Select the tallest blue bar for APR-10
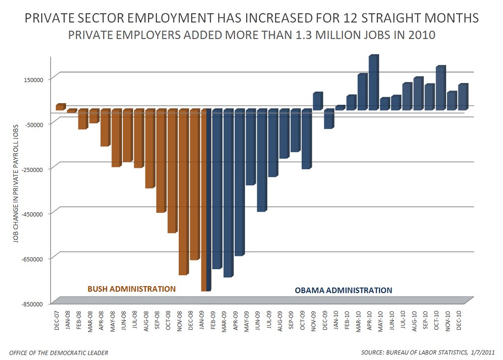(x=373, y=82)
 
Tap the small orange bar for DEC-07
(x=60, y=107)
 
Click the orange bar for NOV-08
(x=183, y=192)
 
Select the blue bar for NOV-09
(x=317, y=101)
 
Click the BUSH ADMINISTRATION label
(x=131, y=289)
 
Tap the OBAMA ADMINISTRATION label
(x=343, y=290)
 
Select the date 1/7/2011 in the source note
(x=479, y=352)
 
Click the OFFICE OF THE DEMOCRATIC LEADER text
(x=59, y=352)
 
